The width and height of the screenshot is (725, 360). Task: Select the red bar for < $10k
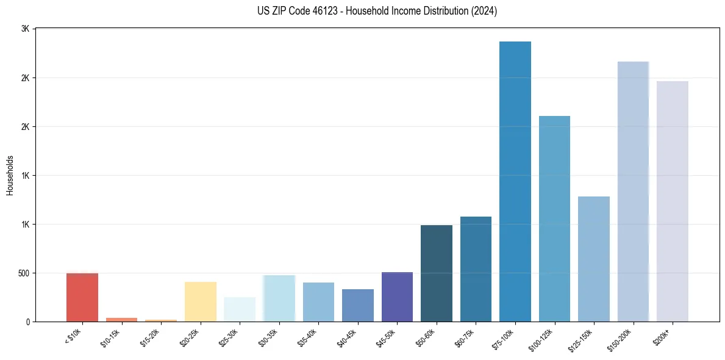(x=82, y=297)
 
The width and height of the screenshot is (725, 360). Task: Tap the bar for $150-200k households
(x=633, y=192)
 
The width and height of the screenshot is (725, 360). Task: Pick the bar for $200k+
(x=673, y=201)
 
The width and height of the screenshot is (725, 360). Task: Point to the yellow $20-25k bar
(x=201, y=301)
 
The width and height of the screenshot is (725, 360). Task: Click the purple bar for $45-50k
(x=397, y=297)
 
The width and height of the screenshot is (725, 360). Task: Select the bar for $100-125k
(x=554, y=218)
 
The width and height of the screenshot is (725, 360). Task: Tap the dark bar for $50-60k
(x=437, y=273)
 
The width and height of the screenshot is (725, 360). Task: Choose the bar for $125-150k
(x=594, y=259)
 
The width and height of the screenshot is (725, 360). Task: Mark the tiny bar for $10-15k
(x=121, y=319)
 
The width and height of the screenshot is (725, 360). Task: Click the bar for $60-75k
(x=476, y=269)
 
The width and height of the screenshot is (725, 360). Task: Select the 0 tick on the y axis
(x=28, y=322)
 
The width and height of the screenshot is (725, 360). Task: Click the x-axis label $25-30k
(x=229, y=337)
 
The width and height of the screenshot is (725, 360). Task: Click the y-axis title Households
(x=10, y=175)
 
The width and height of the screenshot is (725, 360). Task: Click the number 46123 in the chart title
(x=327, y=11)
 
